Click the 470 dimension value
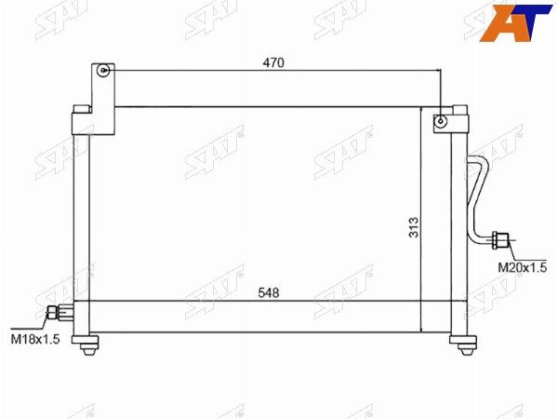click(x=273, y=62)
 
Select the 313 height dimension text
click(x=414, y=227)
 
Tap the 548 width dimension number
click(x=269, y=293)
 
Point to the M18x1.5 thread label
click(x=35, y=339)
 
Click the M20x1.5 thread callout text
click(x=522, y=267)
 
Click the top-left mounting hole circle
click(x=103, y=70)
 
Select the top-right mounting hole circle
click(x=441, y=121)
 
